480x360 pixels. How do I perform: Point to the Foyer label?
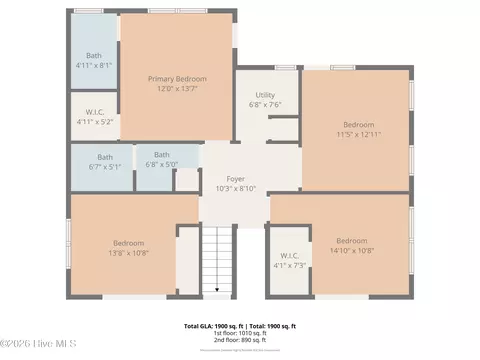(x=236, y=178)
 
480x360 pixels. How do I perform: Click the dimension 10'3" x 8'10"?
(x=236, y=188)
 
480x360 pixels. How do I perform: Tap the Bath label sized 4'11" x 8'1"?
(x=94, y=56)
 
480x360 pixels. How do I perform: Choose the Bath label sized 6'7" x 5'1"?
(x=104, y=157)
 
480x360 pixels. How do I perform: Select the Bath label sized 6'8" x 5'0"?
(x=161, y=155)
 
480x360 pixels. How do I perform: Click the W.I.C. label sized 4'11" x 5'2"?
(x=95, y=111)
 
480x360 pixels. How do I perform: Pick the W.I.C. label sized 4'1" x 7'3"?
(x=290, y=255)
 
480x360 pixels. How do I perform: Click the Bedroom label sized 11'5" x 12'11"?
(x=357, y=124)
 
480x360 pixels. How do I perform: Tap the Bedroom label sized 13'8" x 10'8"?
(x=129, y=243)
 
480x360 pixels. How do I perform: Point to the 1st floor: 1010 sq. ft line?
(x=241, y=334)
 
